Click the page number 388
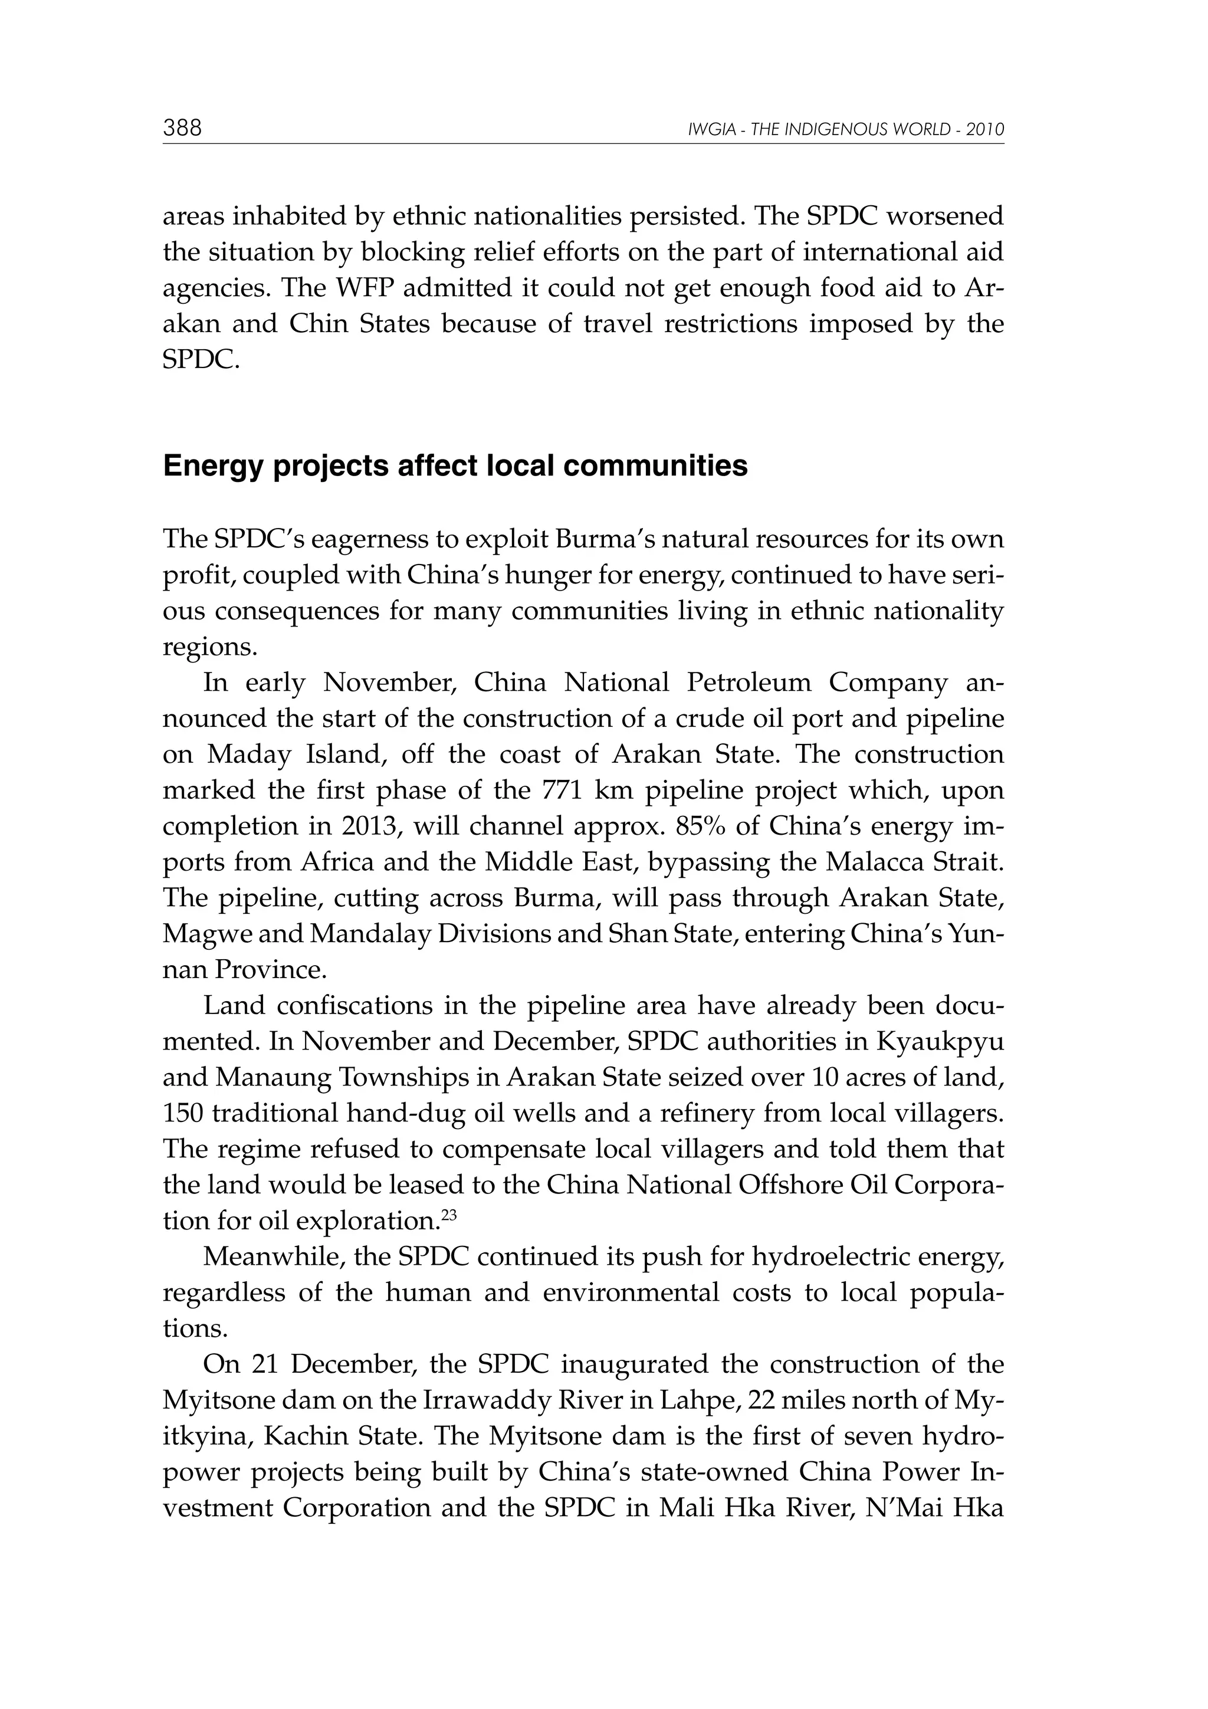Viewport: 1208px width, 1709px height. [182, 129]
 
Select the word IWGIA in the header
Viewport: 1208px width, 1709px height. [707, 130]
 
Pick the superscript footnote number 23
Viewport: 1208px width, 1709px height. [449, 1215]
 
